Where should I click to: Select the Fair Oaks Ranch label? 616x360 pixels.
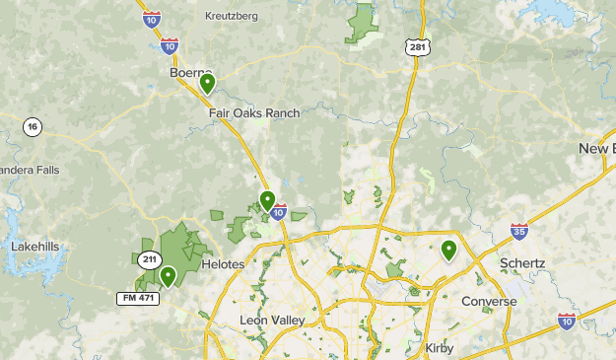pyautogui.click(x=253, y=113)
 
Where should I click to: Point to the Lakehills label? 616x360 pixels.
pyautogui.click(x=36, y=246)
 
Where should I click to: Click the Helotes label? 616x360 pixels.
pyautogui.click(x=222, y=265)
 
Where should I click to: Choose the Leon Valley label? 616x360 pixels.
pyautogui.click(x=272, y=321)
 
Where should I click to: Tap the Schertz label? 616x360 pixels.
pyautogui.click(x=522, y=264)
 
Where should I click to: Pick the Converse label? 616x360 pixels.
pyautogui.click(x=489, y=302)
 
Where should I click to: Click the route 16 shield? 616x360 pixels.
pyautogui.click(x=34, y=126)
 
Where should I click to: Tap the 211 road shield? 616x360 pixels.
pyautogui.click(x=148, y=259)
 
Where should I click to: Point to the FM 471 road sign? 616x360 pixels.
pyautogui.click(x=137, y=297)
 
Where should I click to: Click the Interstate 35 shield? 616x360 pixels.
pyautogui.click(x=519, y=232)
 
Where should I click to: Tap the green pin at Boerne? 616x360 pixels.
pyautogui.click(x=208, y=84)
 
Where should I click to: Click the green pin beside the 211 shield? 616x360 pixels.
pyautogui.click(x=169, y=276)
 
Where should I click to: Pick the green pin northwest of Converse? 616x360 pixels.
pyautogui.click(x=448, y=251)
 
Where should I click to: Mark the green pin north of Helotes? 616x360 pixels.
pyautogui.click(x=267, y=200)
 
